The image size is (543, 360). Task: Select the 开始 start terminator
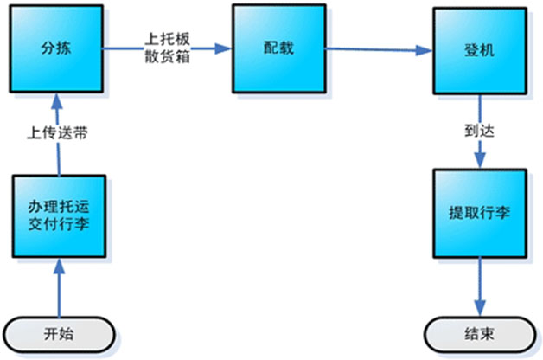point(59,333)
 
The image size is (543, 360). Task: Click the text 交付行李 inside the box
point(60,227)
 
